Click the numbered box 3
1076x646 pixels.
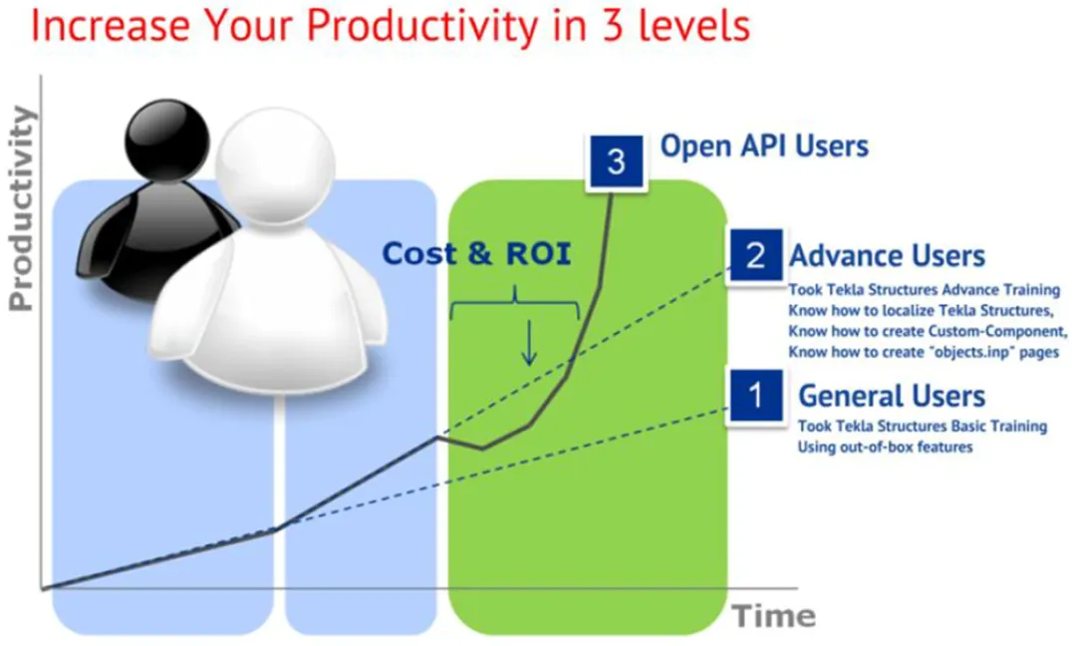(x=616, y=162)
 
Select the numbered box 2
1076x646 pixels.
(x=755, y=255)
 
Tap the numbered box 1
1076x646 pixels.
(x=756, y=396)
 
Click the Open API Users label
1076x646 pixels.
(x=764, y=147)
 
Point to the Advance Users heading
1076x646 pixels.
(x=887, y=256)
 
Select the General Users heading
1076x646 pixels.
(x=892, y=396)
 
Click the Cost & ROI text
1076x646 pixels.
(x=476, y=253)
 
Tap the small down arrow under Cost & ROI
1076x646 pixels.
(x=528, y=343)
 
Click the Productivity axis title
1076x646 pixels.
(x=21, y=208)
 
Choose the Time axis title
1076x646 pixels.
(x=774, y=616)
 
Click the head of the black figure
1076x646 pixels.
(x=166, y=140)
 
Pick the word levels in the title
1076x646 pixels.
(x=693, y=24)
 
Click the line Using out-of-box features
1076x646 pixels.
(x=885, y=447)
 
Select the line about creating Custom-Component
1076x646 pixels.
(x=928, y=332)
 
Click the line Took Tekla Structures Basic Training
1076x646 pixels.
(x=923, y=427)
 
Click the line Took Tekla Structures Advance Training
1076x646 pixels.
(x=925, y=290)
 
